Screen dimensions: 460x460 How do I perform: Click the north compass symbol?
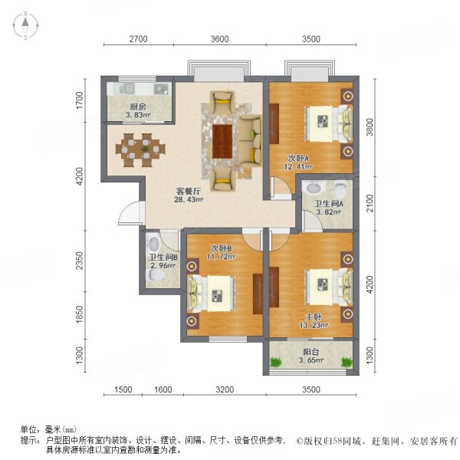point(25,27)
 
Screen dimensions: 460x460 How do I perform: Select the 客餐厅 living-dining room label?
point(189,191)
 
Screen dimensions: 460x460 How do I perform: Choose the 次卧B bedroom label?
point(221,248)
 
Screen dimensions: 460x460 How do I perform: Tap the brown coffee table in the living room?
point(223,140)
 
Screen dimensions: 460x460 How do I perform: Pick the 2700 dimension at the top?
point(138,40)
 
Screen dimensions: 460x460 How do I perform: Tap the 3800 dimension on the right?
point(370,125)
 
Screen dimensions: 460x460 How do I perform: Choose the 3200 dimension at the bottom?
point(224,389)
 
